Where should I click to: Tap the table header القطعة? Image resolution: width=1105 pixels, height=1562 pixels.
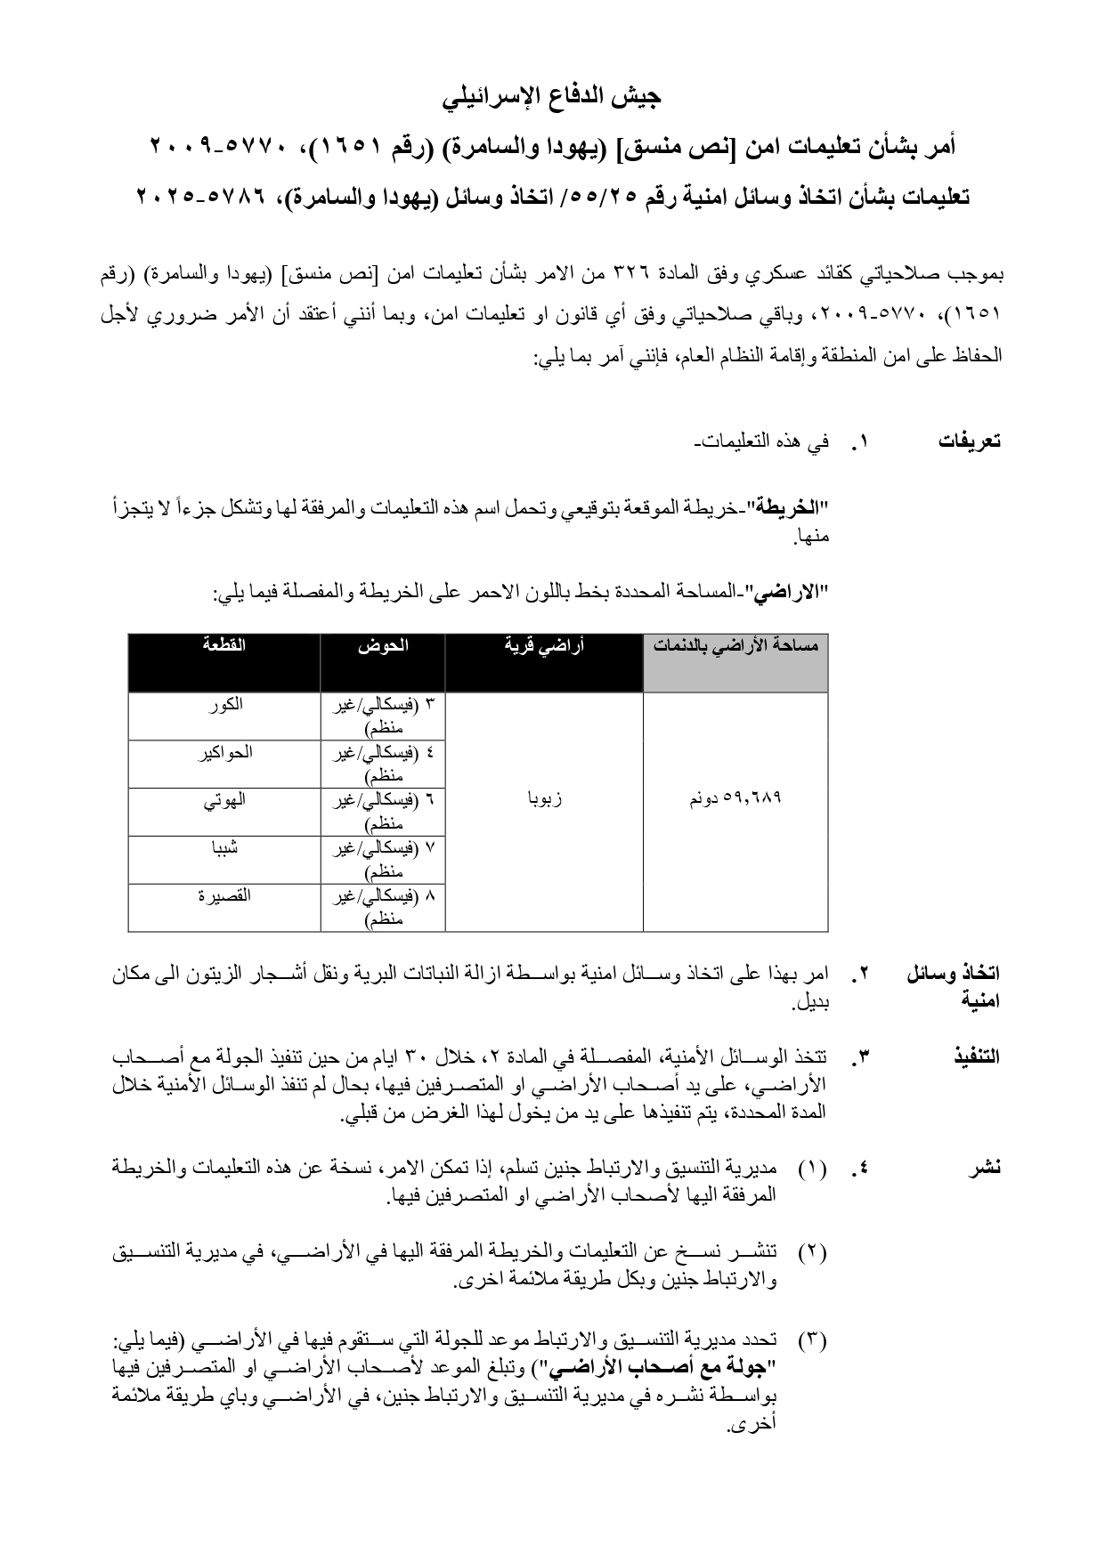pos(224,645)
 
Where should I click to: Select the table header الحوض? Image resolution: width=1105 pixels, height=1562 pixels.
pos(383,645)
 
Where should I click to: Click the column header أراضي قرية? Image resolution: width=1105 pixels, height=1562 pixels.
pos(543,646)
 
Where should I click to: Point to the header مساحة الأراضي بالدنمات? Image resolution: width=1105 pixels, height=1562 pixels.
pos(735,646)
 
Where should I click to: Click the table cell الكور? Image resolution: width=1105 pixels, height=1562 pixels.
pos(224,705)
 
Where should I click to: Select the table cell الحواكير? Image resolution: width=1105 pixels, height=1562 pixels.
pos(224,753)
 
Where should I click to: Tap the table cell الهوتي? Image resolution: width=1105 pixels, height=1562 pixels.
pos(224,800)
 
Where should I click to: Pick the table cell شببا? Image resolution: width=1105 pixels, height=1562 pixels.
pos(224,848)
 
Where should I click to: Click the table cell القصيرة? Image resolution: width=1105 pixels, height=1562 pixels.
pos(224,896)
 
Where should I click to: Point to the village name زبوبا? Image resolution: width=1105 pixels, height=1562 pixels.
pos(544,799)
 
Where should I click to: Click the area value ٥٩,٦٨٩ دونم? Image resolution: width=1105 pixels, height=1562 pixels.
pos(735,798)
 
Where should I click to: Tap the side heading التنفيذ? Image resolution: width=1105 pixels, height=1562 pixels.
pos(976,1056)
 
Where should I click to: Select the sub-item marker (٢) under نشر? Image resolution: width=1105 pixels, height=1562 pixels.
pos(812,1252)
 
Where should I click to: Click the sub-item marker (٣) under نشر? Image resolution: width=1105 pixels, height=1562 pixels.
pos(812,1339)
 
